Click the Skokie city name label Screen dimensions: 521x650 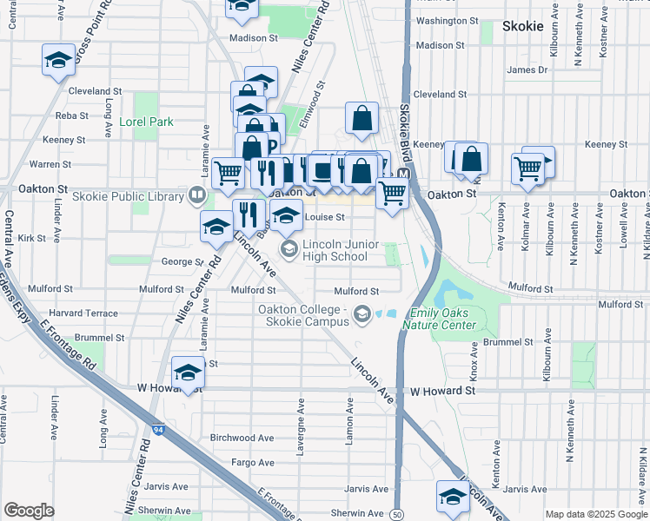click(523, 26)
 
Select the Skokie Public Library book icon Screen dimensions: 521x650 click(197, 196)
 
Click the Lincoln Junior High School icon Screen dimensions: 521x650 click(289, 250)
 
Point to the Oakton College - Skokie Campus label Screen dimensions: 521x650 click(302, 315)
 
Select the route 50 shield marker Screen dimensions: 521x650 click(395, 514)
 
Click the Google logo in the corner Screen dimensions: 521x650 click(29, 511)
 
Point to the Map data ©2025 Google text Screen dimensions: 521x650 click(596, 514)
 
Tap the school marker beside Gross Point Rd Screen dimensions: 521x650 click(58, 61)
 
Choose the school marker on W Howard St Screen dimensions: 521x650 click(188, 373)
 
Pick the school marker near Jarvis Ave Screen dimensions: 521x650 click(453, 496)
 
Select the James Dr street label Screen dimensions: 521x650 click(527, 69)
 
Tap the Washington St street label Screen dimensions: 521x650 click(448, 21)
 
